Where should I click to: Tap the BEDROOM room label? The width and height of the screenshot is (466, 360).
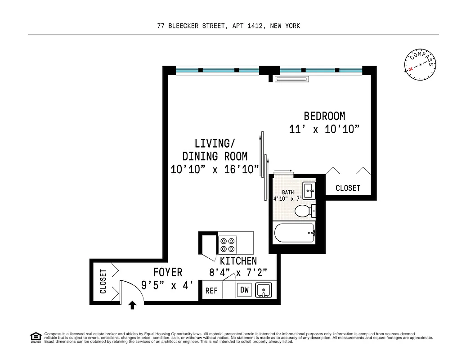(x=324, y=116)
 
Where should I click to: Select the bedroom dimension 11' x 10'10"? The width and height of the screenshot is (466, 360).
(x=324, y=130)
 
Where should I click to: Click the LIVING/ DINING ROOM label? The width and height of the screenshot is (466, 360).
(x=215, y=150)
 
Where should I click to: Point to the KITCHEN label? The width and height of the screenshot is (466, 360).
(x=238, y=261)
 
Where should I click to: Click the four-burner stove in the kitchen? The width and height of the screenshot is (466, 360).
(x=227, y=244)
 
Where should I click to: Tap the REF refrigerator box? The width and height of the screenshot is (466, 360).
(x=211, y=291)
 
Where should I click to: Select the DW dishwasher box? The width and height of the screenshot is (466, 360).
(x=244, y=290)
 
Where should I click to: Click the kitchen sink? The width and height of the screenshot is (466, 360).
(x=264, y=290)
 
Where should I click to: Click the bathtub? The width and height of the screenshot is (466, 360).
(x=294, y=233)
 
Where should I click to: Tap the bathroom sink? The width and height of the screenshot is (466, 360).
(x=309, y=190)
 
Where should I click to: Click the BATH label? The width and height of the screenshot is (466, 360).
(x=288, y=193)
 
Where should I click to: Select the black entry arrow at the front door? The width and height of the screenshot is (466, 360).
(x=132, y=306)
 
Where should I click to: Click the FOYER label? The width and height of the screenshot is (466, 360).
(x=168, y=272)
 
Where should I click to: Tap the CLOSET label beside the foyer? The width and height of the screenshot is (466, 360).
(x=103, y=282)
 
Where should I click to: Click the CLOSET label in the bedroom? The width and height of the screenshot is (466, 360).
(x=348, y=188)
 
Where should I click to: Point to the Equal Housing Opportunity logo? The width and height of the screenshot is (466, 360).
(x=35, y=337)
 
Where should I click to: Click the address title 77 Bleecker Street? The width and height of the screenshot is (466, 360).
(x=229, y=26)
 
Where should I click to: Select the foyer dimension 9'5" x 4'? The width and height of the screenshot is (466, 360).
(x=168, y=285)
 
